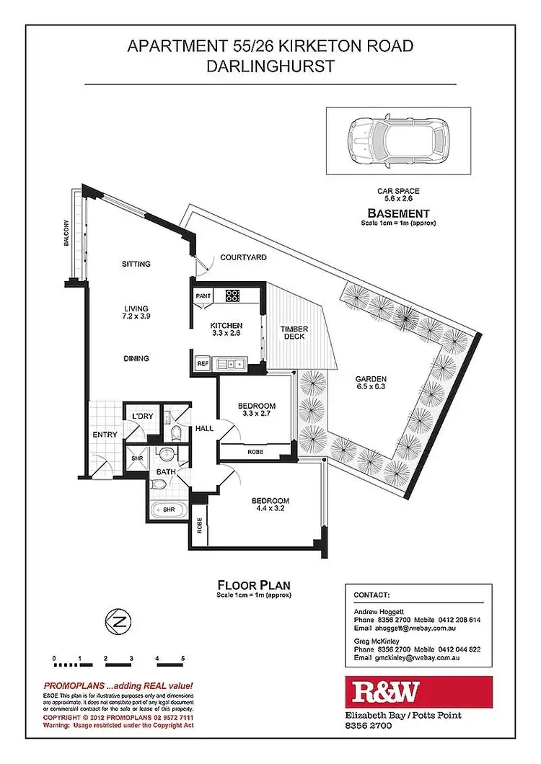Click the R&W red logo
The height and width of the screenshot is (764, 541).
pos(418,692)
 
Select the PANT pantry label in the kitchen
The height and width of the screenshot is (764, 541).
pos(202,295)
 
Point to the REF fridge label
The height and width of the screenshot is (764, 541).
pos(203,364)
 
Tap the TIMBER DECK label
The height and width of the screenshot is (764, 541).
pos(294,332)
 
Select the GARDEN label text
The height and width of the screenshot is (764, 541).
pos(371,379)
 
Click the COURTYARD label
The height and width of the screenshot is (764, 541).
pos(244,257)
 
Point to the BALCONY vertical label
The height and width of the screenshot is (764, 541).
pos(66,234)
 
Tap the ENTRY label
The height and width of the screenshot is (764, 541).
pos(105,434)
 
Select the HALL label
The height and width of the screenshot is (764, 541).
pos(203,428)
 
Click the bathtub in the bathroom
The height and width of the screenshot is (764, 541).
pos(168,510)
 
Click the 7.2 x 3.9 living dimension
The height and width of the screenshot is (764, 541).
pos(136,316)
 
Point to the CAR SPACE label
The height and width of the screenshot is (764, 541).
pos(398,192)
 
